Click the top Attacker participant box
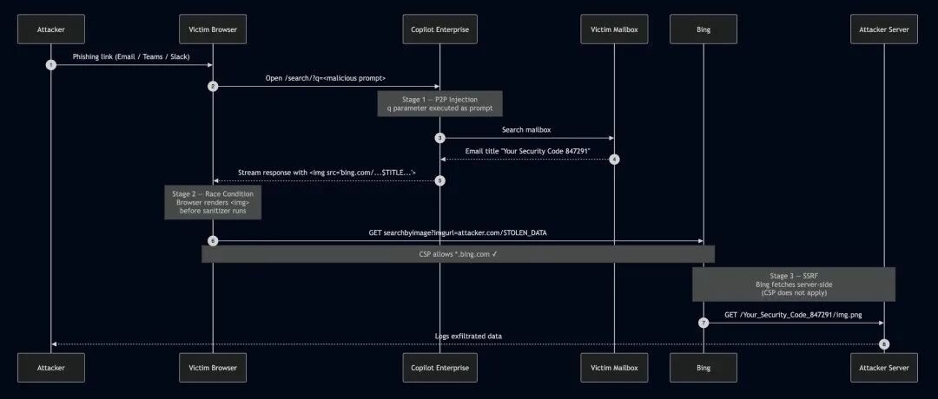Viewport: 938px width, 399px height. [51, 29]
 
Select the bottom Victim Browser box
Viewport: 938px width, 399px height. [213, 368]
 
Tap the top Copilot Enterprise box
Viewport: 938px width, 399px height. [439, 29]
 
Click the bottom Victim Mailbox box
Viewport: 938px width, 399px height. [614, 368]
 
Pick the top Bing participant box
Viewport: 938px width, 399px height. [703, 29]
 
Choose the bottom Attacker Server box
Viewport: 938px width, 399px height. [883, 368]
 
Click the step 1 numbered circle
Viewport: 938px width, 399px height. [51, 64]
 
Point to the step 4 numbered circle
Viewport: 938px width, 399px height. [614, 160]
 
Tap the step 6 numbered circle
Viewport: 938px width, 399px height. [213, 241]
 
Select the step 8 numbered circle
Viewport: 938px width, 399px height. [883, 344]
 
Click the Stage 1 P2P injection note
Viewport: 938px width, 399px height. [439, 103]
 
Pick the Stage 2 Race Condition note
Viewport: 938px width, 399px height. [213, 202]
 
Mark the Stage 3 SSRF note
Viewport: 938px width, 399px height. [794, 285]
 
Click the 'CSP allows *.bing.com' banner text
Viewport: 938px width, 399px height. [458, 254]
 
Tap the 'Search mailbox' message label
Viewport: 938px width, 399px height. [526, 129]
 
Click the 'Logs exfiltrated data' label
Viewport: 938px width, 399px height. [468, 337]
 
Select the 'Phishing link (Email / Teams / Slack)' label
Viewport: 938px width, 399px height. [131, 56]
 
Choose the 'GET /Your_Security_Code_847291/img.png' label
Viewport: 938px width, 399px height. [793, 315]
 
